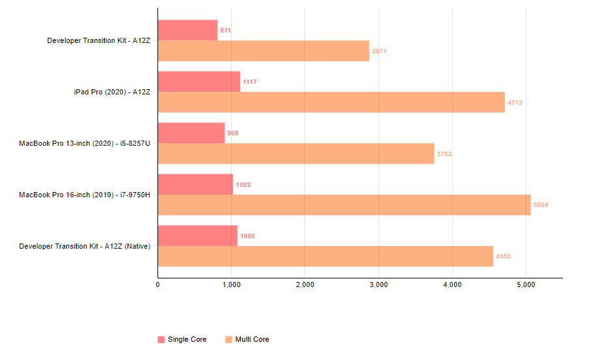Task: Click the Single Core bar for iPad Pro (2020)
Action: point(198,81)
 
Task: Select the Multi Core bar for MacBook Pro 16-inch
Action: point(344,204)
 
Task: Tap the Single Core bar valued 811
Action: point(187,30)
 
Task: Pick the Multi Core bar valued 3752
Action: point(296,154)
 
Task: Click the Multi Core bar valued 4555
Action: point(325,256)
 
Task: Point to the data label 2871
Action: point(379,51)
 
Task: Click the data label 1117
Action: point(250,82)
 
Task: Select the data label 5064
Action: point(541,205)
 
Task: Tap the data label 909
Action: point(232,133)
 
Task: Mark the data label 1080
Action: point(247,236)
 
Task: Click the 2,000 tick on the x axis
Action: point(305,284)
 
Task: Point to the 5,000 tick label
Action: point(525,284)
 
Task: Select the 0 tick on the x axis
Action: point(158,284)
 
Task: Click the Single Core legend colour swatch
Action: point(161,339)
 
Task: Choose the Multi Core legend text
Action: point(252,339)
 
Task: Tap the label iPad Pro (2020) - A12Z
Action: point(112,92)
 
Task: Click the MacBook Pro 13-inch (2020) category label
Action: point(85,143)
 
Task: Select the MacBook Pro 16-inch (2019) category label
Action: point(85,195)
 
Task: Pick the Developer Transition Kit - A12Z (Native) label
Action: point(85,246)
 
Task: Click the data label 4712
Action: point(515,102)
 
